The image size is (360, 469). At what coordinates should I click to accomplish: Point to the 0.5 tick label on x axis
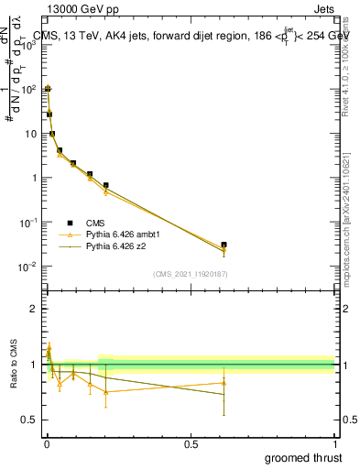point(191,444)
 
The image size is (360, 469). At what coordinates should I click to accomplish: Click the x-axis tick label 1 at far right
point(334,444)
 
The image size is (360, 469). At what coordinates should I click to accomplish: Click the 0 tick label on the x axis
point(47,444)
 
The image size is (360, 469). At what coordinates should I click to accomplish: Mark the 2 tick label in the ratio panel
point(32,309)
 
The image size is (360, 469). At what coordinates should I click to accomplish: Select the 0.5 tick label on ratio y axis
point(27,420)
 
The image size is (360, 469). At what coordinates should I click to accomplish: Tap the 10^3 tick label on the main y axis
point(27,45)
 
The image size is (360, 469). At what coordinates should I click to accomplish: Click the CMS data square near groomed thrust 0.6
point(224,245)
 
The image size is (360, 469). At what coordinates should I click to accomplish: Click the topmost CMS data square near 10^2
point(48,89)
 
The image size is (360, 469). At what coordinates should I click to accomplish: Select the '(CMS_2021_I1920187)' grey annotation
point(190,273)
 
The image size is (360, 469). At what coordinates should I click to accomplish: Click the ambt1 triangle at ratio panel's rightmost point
point(224,383)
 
